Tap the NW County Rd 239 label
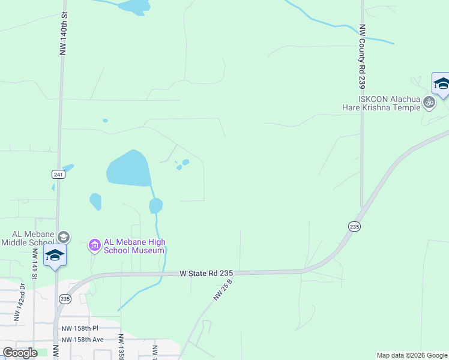tap(362, 55)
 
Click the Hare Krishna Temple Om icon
tap(429, 103)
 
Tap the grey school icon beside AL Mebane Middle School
tap(64, 238)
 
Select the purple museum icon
tap(95, 244)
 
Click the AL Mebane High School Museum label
tap(134, 246)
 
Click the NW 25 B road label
tap(222, 289)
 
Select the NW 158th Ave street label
tap(83, 340)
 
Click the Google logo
tap(19, 353)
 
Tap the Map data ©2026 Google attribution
tap(411, 355)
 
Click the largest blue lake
tap(128, 169)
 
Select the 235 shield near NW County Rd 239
tap(354, 226)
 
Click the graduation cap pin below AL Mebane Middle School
tap(55, 256)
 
